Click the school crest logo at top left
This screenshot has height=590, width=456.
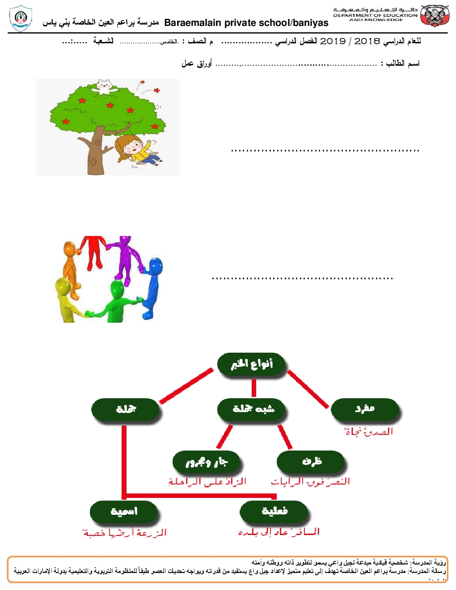tap(21, 18)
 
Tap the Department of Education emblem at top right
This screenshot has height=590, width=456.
tap(435, 17)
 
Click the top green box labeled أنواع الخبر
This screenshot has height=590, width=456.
tap(252, 365)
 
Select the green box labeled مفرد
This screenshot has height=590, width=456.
tap(365, 409)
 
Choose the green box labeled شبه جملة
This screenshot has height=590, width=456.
tap(252, 409)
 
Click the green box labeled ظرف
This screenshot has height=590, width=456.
tap(311, 461)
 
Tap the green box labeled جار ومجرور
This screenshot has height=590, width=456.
tap(207, 462)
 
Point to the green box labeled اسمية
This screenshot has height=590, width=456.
tap(124, 511)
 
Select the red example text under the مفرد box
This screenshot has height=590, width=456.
tap(368, 432)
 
